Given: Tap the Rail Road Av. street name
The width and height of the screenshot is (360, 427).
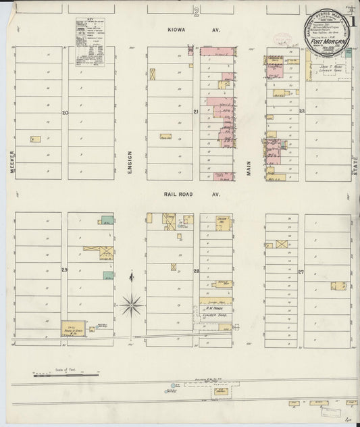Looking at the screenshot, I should (178, 194).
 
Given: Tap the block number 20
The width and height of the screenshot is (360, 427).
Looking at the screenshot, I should (64, 112).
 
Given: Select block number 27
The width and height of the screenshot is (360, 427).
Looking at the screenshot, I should (301, 271).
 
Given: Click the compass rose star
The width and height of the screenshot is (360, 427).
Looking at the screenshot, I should (133, 301).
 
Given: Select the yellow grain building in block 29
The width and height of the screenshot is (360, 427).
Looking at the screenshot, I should (77, 328).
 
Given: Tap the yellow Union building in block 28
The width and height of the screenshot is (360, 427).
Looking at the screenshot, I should (222, 221).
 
